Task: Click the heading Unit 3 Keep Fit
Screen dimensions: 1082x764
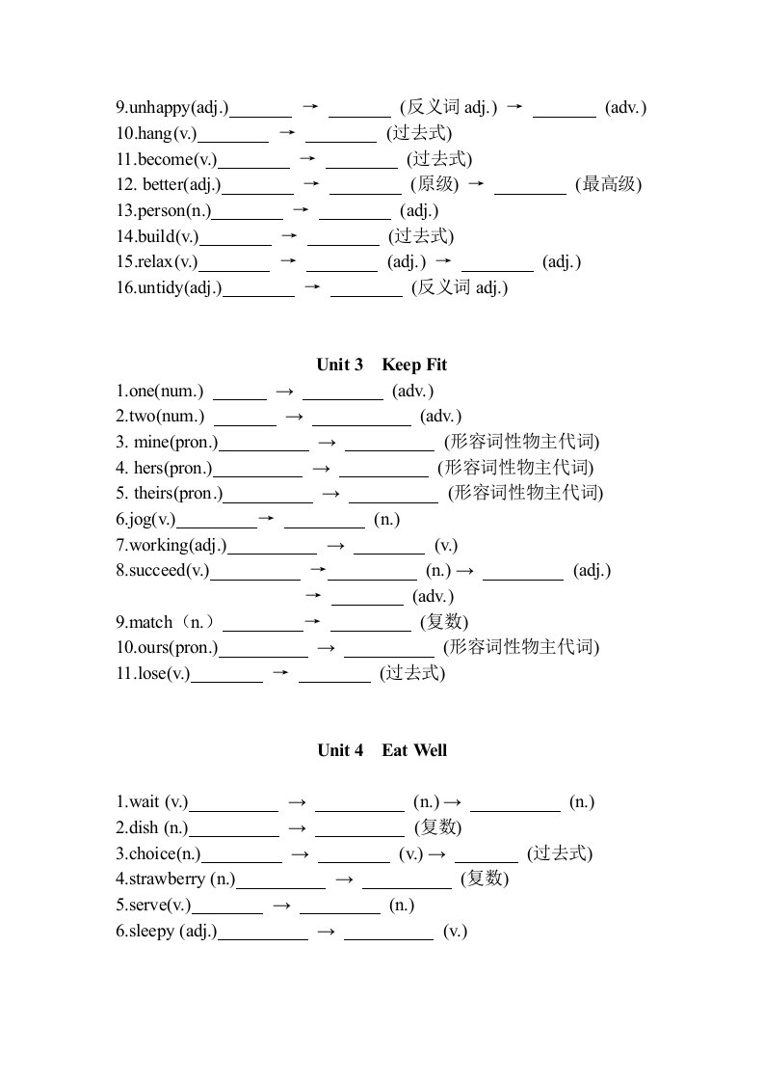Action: point(382,365)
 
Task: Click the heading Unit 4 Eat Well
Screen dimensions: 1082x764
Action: point(382,750)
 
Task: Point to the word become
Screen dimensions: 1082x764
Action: point(165,159)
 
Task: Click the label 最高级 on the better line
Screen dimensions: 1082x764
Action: point(608,184)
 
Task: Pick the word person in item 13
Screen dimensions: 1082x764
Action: point(161,210)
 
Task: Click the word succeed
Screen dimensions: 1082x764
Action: point(156,570)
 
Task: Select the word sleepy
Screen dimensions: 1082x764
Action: point(151,931)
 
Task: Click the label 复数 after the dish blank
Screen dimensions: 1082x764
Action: point(437,827)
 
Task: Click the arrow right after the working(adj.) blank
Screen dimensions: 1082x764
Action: point(335,545)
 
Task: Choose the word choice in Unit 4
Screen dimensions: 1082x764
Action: point(152,853)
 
